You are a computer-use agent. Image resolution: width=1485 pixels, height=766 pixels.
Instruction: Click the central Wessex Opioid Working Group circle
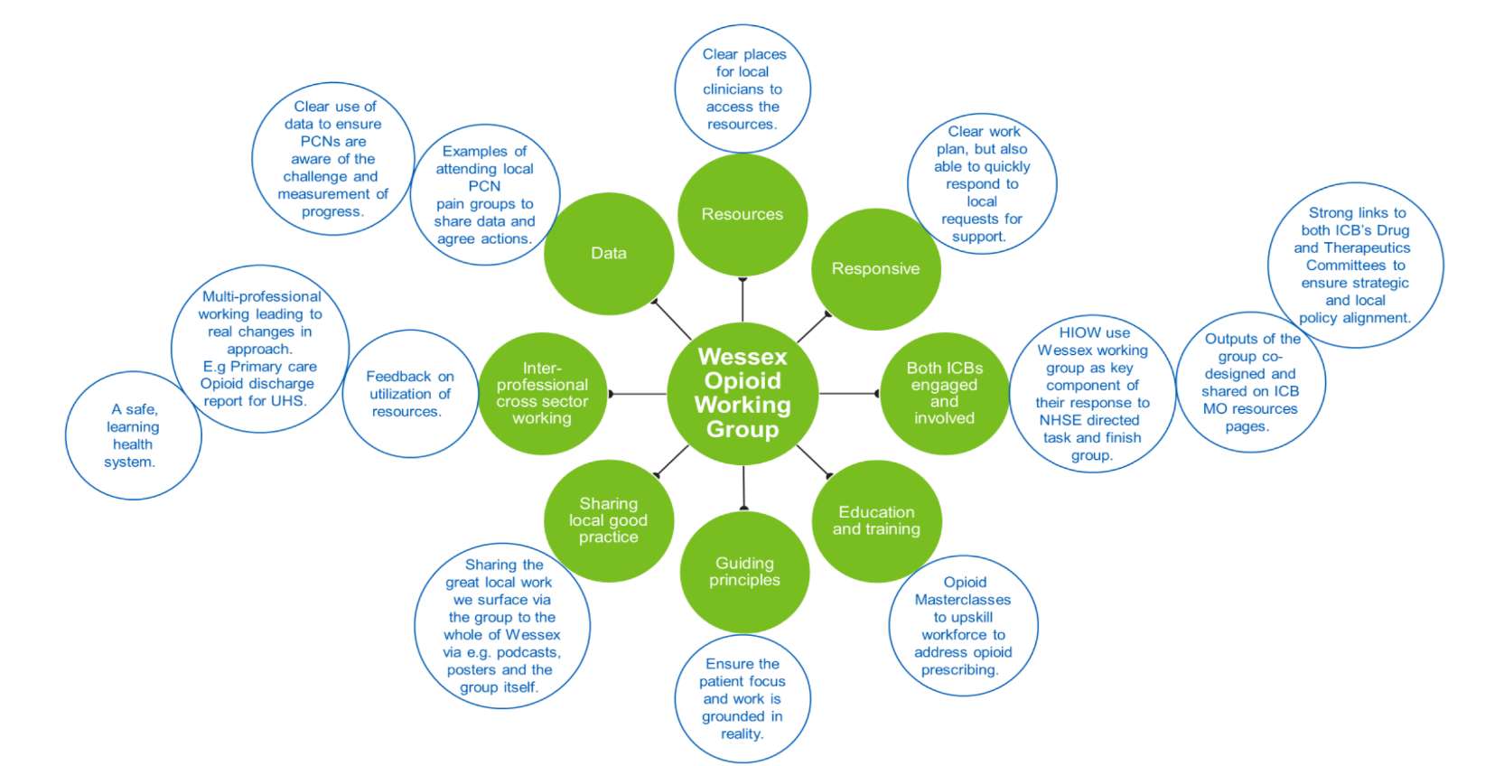(x=742, y=395)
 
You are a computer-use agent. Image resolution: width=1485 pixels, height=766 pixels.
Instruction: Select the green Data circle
(x=609, y=254)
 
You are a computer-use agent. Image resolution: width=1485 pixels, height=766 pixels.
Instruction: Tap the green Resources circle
(x=742, y=215)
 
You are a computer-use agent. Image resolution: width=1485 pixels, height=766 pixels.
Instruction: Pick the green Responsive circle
(x=875, y=269)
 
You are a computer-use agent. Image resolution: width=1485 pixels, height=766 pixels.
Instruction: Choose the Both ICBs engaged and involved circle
(x=944, y=394)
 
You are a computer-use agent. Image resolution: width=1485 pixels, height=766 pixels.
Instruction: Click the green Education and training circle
(x=876, y=521)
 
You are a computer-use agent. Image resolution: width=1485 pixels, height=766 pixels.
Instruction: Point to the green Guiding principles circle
(x=744, y=572)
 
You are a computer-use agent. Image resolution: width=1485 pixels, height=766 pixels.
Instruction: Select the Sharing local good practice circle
(x=609, y=520)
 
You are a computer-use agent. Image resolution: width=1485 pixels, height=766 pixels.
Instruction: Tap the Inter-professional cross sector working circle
(x=542, y=394)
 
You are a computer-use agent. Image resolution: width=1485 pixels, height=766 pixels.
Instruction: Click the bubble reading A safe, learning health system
(x=133, y=436)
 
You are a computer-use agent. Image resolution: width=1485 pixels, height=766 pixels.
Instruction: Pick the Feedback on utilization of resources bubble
(x=409, y=395)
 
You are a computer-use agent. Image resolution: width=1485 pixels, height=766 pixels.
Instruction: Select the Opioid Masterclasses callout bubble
(x=963, y=626)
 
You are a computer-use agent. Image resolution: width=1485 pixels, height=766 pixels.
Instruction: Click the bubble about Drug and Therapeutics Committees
(x=1355, y=266)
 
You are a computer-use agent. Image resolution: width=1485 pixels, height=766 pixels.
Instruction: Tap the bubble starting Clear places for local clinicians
(x=742, y=89)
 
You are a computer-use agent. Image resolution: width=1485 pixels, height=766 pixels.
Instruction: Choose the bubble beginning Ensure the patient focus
(x=742, y=699)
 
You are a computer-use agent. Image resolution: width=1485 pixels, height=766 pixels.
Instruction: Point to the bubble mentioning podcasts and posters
(x=502, y=626)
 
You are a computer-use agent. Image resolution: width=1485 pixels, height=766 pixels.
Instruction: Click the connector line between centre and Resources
(x=742, y=300)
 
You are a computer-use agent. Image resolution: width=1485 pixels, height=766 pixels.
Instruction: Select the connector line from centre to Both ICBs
(x=848, y=394)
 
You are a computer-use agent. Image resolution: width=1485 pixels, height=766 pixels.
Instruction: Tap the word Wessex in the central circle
(x=742, y=357)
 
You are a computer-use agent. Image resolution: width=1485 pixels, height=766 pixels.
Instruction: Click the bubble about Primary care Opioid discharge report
(x=260, y=349)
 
